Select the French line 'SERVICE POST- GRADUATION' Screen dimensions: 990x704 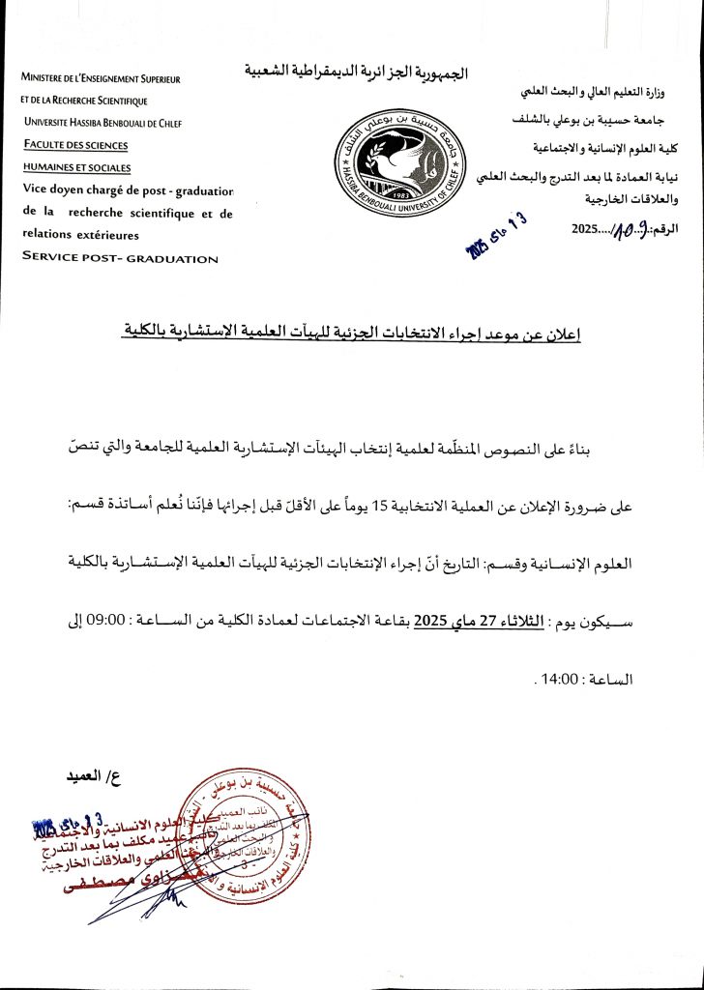(120, 258)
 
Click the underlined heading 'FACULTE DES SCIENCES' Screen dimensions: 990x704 (76, 145)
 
